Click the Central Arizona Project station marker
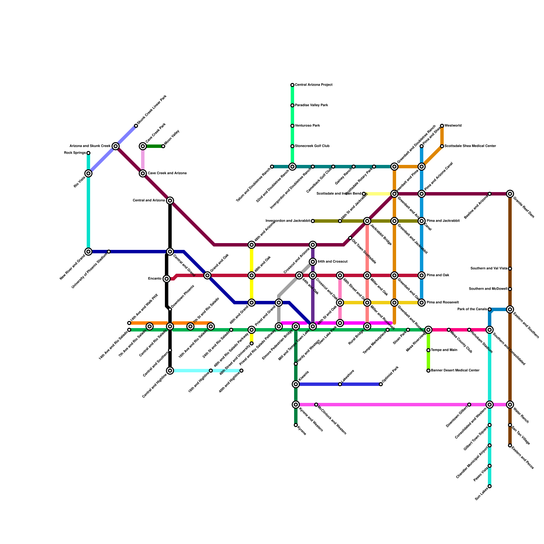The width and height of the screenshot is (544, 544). click(292, 85)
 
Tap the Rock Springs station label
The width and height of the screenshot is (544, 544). click(75, 153)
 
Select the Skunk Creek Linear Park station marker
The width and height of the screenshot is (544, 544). click(136, 126)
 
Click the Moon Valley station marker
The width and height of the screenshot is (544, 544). click(163, 146)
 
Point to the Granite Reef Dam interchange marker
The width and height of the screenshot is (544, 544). click(510, 194)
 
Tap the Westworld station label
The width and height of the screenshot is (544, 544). click(453, 126)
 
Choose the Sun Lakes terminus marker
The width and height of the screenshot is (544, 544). click(490, 486)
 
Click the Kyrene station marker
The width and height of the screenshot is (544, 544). click(296, 425)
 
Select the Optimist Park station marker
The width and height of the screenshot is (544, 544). click(381, 384)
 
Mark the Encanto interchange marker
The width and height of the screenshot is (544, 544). click(167, 279)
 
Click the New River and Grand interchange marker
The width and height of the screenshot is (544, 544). click(88, 252)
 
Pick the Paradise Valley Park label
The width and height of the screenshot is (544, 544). click(311, 105)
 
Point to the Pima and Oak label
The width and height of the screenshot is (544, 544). click(438, 275)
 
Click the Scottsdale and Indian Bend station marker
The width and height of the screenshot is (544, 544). click(364, 194)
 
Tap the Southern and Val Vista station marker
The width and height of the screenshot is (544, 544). click(510, 269)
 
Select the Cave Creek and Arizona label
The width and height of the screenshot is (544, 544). click(167, 173)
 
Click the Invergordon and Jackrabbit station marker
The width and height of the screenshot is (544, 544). click(313, 221)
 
